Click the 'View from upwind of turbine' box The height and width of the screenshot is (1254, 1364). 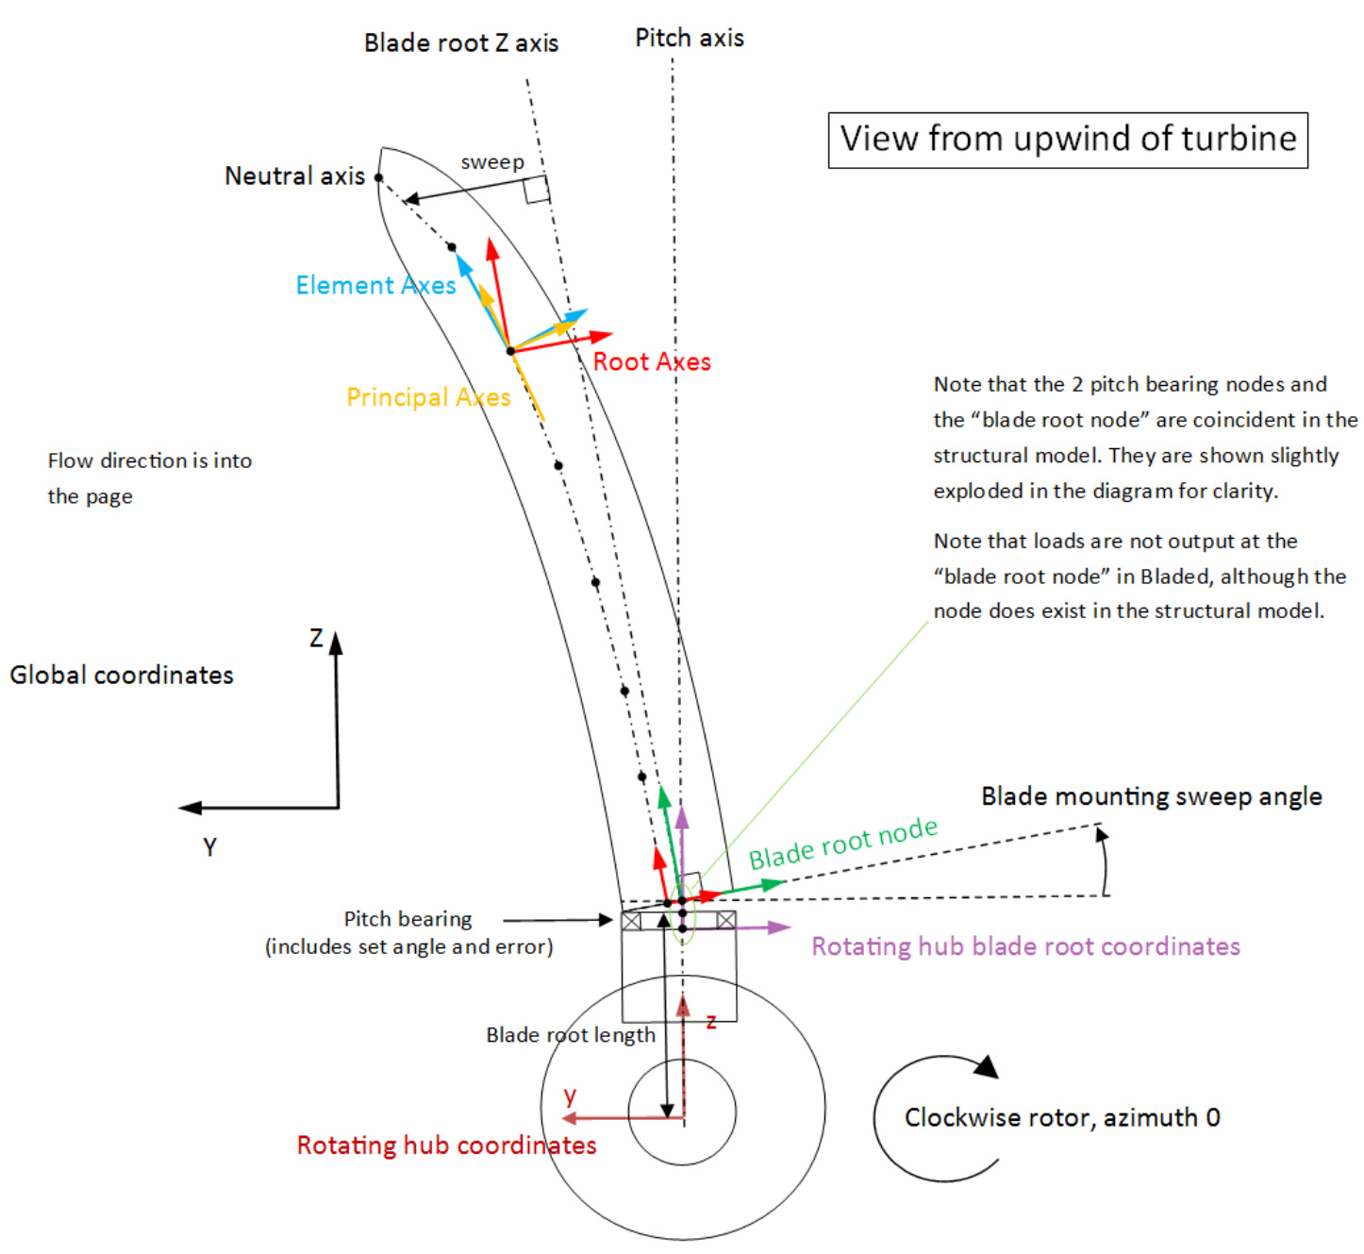pyautogui.click(x=1068, y=140)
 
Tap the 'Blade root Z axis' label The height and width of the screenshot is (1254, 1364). pyautogui.click(x=460, y=43)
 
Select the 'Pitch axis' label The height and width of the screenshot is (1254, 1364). pyautogui.click(x=690, y=39)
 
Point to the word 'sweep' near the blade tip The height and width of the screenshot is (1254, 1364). pyautogui.click(x=491, y=162)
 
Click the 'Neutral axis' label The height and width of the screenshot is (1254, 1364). pyautogui.click(x=294, y=176)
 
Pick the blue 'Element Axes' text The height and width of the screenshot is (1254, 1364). pyautogui.click(x=375, y=285)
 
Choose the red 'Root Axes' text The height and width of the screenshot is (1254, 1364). pyautogui.click(x=652, y=362)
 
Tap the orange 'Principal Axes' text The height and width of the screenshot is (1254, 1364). pyautogui.click(x=428, y=397)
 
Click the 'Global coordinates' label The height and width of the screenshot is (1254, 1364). pyautogui.click(x=122, y=676)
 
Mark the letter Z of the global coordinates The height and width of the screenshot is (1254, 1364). pyautogui.click(x=317, y=639)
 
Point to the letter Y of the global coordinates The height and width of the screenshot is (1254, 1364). pyautogui.click(x=209, y=847)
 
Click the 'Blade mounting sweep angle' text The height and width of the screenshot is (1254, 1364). pyautogui.click(x=1151, y=796)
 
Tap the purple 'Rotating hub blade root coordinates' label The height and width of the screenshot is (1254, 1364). pyautogui.click(x=1025, y=946)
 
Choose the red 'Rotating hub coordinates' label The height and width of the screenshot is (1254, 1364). pyautogui.click(x=446, y=1145)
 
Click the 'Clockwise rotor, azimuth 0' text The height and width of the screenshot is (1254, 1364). pyautogui.click(x=1062, y=1118)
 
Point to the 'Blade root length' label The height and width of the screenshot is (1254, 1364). pyautogui.click(x=570, y=1035)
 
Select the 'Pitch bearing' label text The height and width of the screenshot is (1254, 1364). pyautogui.click(x=408, y=919)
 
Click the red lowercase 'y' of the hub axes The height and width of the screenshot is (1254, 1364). pyautogui.click(x=570, y=1095)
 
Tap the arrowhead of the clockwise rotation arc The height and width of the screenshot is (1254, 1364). pyautogui.click(x=987, y=1067)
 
